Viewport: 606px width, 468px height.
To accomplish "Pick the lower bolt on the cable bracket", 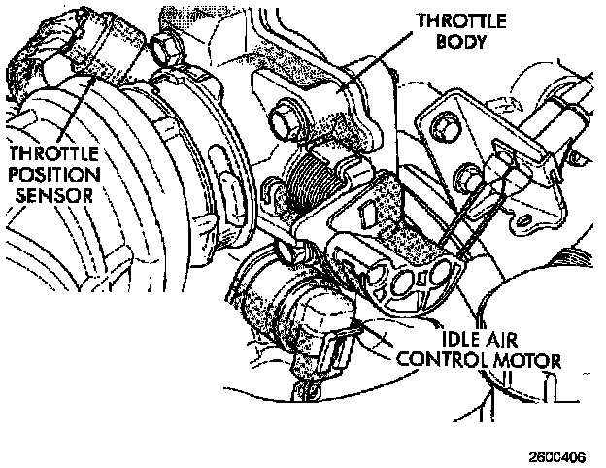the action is [x=473, y=176].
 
